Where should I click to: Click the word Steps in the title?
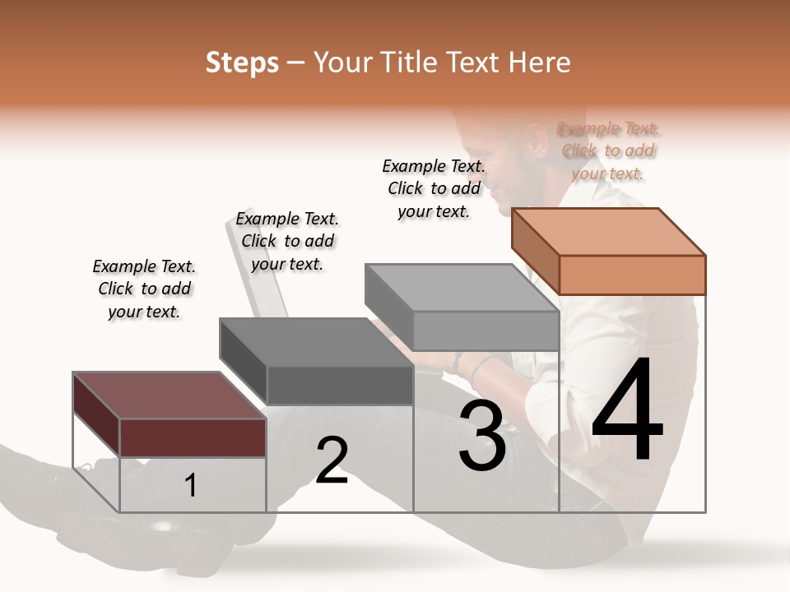241,62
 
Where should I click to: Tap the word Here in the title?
540,62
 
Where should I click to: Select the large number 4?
627,411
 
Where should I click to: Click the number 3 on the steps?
482,436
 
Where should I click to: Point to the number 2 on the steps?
332,460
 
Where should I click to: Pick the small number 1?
191,486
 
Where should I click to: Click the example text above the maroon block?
144,289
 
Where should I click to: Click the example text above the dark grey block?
287,241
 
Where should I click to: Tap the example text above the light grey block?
434,188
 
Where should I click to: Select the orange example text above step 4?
608,151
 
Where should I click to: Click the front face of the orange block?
632,275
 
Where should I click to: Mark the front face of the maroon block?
193,437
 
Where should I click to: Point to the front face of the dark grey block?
339,385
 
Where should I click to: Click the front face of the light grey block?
486,331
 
